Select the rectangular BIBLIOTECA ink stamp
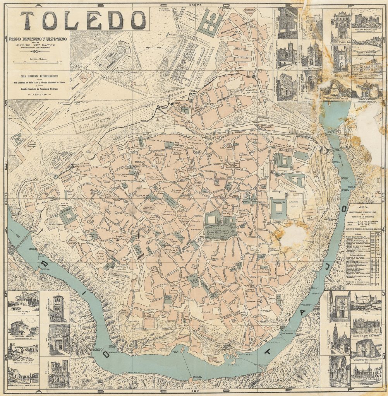(92, 116)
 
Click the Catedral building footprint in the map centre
(221, 226)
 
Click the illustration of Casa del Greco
(24, 299)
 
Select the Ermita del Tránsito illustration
(24, 327)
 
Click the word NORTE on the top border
(194, 5)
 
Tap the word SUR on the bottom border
(194, 391)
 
